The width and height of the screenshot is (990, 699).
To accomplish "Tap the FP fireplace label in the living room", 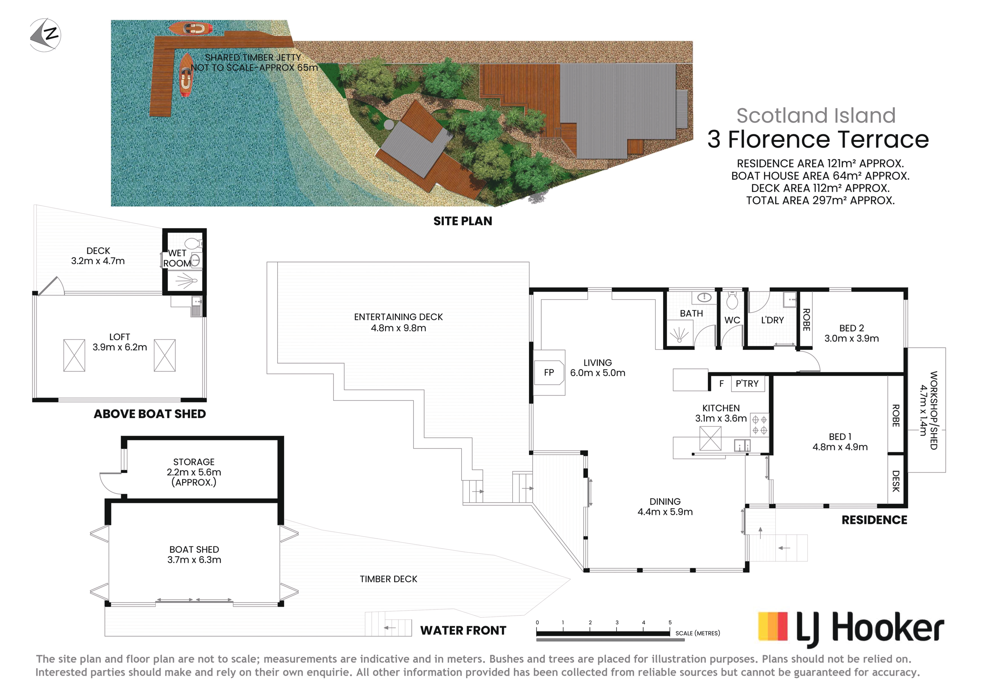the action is (549, 373).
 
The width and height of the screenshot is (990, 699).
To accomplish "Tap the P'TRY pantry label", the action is (747, 383).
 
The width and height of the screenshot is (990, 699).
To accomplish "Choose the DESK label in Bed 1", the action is (895, 481).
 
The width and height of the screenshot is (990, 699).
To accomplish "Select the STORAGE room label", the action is (194, 462).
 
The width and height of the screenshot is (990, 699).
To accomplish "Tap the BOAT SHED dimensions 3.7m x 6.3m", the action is (194, 560).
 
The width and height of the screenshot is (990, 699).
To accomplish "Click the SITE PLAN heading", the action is (463, 221).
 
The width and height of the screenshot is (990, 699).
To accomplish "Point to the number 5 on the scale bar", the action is (670, 623).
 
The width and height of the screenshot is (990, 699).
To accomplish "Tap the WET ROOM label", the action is (177, 258).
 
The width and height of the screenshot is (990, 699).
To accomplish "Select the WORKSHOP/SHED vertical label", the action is (934, 410).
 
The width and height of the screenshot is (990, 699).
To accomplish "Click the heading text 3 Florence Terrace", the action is (818, 139).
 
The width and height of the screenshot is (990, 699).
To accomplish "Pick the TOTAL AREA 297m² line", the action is (820, 200).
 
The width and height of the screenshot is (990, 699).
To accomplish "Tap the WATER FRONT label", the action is (463, 630).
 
